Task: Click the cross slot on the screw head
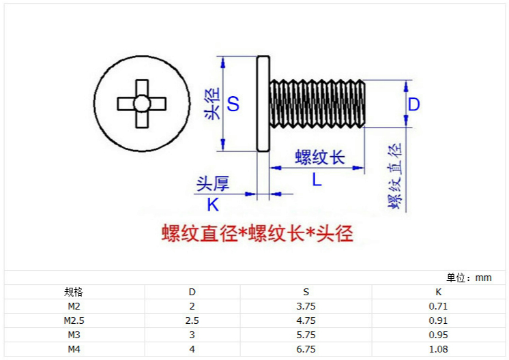click(142, 104)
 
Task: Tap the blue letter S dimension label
click(233, 104)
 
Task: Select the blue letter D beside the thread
click(413, 104)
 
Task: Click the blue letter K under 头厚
click(213, 204)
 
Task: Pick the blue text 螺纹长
click(320, 157)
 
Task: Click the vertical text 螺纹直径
click(394, 177)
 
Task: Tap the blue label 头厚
click(213, 183)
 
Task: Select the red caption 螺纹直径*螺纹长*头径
click(257, 234)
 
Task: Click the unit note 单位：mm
click(469, 277)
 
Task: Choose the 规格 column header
click(74, 292)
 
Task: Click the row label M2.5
click(74, 320)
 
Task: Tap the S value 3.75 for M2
click(306, 306)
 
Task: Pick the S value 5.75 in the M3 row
click(306, 335)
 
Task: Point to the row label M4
click(74, 349)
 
